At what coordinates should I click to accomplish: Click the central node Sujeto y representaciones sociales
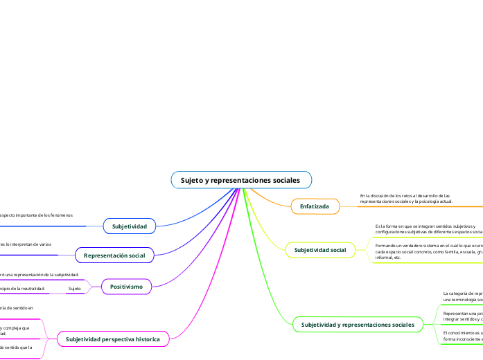(240, 180)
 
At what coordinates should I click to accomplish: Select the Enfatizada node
(315, 206)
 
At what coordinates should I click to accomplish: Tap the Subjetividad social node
(319, 249)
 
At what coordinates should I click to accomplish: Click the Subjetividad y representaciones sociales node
(358, 324)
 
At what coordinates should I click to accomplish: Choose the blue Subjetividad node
(130, 226)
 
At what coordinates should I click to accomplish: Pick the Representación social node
(114, 255)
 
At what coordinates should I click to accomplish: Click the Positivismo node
(126, 286)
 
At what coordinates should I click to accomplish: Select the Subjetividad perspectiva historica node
(113, 339)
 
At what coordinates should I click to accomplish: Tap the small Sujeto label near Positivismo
(74, 287)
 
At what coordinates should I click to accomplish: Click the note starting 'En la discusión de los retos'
(405, 199)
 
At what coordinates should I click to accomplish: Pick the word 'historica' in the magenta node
(144, 339)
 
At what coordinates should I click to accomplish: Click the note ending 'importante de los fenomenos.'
(36, 215)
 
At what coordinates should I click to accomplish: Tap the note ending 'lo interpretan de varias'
(26, 244)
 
